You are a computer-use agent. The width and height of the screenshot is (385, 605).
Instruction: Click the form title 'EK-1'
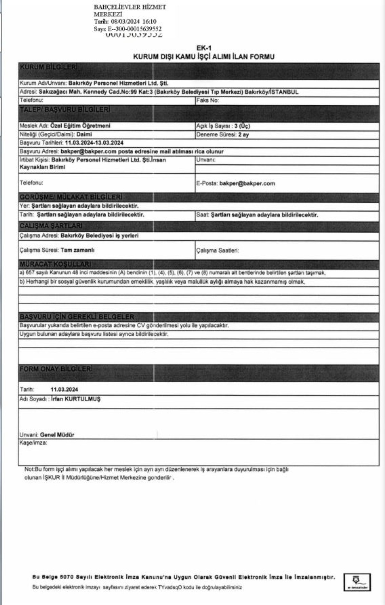point(204,48)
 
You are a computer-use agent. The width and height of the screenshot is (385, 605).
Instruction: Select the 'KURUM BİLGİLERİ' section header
point(48,67)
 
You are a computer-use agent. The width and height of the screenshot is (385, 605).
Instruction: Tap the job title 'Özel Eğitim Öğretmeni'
point(80,126)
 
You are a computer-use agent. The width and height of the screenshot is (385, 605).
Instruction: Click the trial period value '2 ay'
point(244,135)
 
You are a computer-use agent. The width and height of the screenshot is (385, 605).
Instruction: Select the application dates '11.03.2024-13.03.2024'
point(94,143)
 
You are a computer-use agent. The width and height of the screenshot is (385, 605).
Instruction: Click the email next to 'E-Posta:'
point(247,183)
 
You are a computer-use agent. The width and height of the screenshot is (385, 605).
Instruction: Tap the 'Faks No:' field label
point(208,100)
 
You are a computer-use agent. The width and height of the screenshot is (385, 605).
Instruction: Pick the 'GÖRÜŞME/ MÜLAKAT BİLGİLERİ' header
point(71,197)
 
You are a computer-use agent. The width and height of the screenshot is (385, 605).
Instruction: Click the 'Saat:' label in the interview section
point(203,215)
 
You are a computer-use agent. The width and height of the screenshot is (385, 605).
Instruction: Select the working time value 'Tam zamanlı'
point(77,250)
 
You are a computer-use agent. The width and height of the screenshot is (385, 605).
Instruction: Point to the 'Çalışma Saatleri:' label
point(218,250)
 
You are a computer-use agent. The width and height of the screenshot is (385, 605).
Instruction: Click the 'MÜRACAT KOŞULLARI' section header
point(55,264)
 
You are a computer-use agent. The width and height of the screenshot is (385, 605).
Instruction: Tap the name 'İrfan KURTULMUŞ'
point(76,399)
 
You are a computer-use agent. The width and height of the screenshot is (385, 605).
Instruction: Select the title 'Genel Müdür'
point(57,435)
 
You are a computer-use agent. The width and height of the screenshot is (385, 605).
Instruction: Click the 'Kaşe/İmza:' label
point(33,443)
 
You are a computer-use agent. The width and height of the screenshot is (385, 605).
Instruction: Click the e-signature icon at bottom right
point(357,582)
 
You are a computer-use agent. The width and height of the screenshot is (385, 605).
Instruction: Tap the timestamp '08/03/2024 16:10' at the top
point(134,22)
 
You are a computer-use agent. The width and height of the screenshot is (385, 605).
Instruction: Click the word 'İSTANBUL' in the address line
point(285,92)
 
